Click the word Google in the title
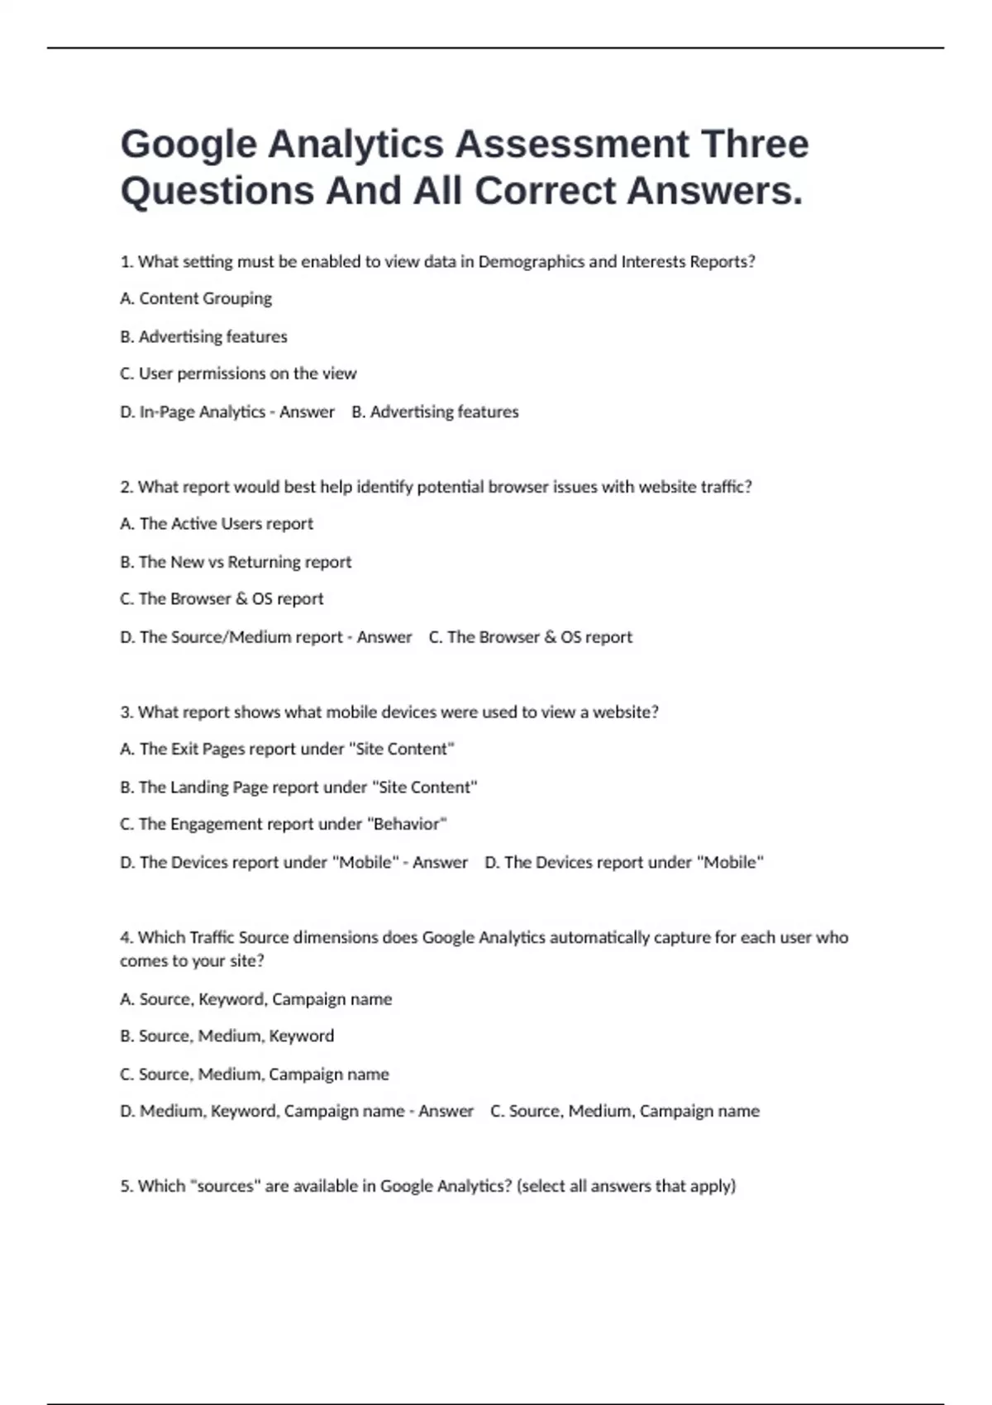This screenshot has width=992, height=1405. point(188,145)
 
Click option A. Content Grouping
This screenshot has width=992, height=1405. point(196,298)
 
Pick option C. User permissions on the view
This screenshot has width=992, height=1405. point(238,374)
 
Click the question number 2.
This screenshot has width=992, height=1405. point(126,487)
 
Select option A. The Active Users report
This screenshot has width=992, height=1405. point(217,524)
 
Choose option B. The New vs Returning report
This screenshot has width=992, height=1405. point(236,562)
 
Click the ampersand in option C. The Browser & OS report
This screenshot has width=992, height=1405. point(241,599)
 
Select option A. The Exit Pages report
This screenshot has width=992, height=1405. point(287,750)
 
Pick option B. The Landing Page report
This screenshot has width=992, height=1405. point(298,788)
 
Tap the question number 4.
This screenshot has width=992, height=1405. point(126,938)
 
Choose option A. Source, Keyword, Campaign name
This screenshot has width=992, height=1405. point(255,999)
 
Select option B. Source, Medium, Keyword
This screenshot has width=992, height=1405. point(227,1036)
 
